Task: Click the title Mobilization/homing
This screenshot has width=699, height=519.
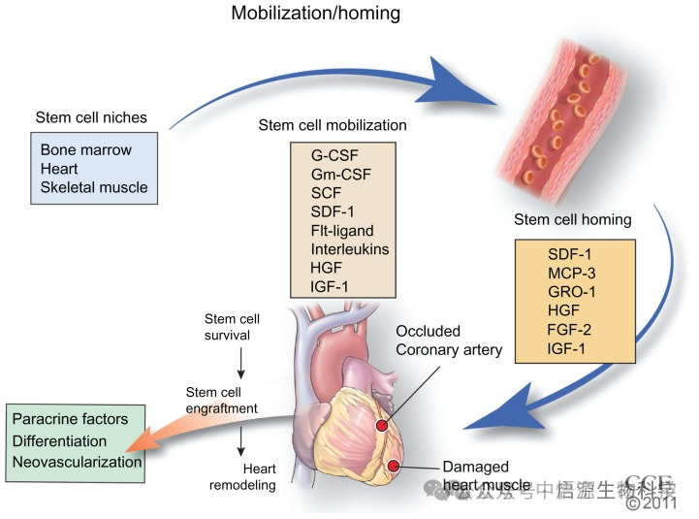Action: [315, 15]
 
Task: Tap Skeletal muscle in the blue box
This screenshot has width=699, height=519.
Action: [94, 186]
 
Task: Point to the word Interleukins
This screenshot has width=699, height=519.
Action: [350, 248]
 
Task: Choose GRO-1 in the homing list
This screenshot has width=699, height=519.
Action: [571, 293]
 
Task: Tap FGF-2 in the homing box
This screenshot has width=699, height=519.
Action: [569, 330]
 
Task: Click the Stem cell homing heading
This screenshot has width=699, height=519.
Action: [572, 219]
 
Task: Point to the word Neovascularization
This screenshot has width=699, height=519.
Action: [77, 462]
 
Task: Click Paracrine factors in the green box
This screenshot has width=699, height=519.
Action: [70, 419]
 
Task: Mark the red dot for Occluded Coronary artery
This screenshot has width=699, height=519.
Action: [382, 425]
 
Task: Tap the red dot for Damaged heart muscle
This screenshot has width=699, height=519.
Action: [394, 468]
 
